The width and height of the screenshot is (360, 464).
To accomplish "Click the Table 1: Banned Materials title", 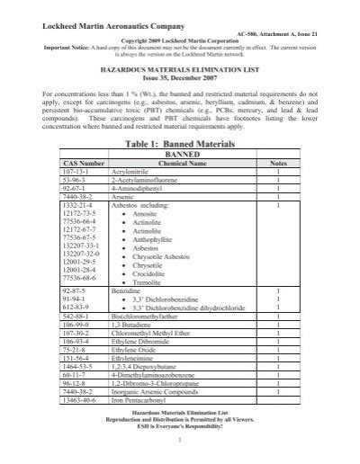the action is (x=180, y=142).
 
